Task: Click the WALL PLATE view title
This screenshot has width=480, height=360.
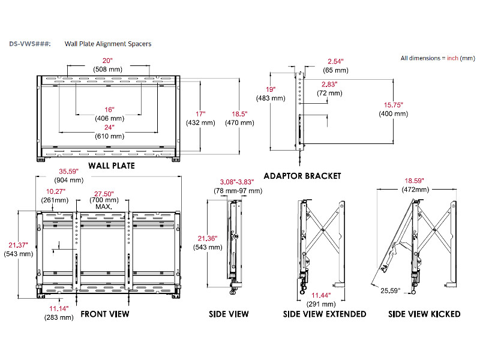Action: tap(112, 166)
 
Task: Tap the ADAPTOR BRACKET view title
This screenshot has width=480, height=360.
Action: tap(302, 176)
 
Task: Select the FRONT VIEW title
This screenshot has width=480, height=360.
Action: tap(104, 314)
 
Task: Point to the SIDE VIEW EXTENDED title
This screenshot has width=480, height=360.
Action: tap(325, 314)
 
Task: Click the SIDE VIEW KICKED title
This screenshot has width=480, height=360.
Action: tap(424, 314)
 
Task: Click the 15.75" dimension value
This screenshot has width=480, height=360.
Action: tap(393, 104)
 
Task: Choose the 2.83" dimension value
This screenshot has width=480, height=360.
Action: tap(329, 85)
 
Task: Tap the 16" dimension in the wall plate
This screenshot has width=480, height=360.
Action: tap(108, 110)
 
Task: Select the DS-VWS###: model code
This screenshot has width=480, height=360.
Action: tap(30, 44)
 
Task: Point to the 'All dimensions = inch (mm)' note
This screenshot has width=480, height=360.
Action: tap(437, 58)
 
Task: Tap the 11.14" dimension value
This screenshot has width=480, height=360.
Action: tap(59, 308)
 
